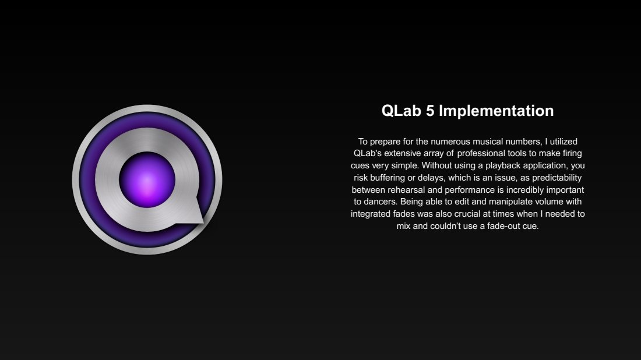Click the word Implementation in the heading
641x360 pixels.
[x=496, y=111]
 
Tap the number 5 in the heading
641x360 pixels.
[x=430, y=111]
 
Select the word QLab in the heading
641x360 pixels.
[x=401, y=111]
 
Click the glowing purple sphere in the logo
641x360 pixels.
[x=147, y=180]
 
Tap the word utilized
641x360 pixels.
[x=563, y=142]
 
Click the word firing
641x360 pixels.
[x=572, y=154]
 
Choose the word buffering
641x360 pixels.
[x=388, y=178]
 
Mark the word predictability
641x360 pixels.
[x=557, y=178]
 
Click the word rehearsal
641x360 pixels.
[x=406, y=190]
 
